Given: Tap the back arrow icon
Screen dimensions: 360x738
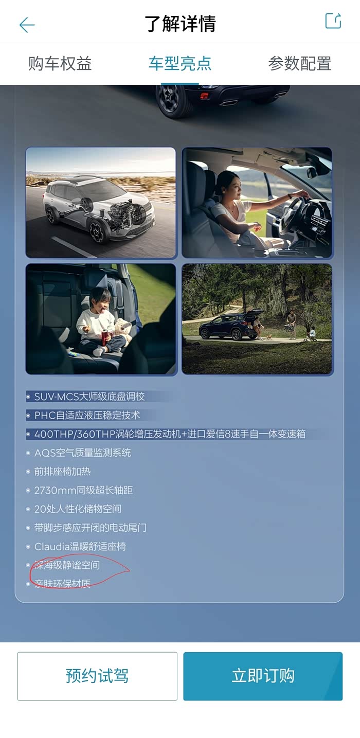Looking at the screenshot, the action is [27, 25].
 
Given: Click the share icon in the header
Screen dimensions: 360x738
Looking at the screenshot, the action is [333, 21].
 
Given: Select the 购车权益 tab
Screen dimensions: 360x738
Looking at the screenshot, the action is [60, 64].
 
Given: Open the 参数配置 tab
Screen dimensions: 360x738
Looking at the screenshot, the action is [299, 64].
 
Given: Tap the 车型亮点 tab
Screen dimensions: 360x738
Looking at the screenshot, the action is [180, 64].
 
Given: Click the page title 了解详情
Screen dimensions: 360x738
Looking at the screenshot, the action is [180, 24].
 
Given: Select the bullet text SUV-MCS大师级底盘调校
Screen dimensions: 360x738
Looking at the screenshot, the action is [89, 397].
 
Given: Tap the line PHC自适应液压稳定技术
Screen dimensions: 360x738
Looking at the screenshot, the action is [87, 415].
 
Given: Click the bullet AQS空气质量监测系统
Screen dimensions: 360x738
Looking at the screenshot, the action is [83, 453].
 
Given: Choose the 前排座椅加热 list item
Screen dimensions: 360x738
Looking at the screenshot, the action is [63, 472].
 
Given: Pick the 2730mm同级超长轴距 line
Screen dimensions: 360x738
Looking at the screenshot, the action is [84, 490].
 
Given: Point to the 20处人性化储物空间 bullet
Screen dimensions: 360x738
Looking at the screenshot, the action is [78, 509].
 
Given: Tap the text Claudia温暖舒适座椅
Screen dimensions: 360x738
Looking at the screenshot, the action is [80, 547].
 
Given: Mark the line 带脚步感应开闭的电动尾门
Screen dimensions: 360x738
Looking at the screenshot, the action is [91, 528].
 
